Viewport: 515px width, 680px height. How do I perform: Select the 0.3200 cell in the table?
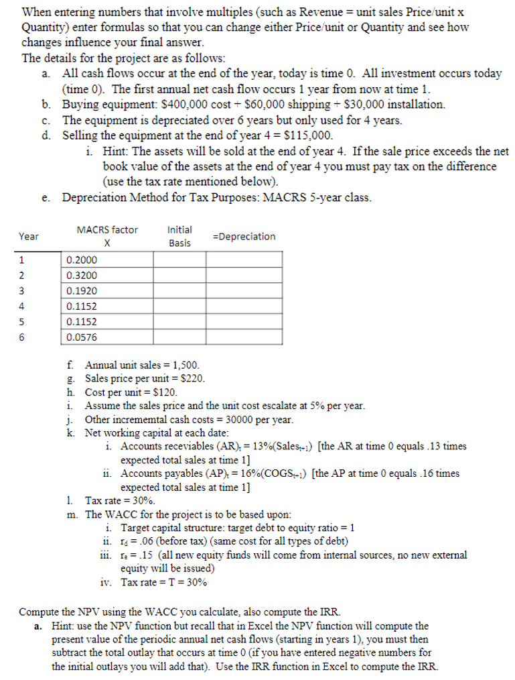click(82, 275)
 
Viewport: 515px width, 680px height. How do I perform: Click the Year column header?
click(29, 237)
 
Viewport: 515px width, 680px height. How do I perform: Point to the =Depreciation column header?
click(243, 237)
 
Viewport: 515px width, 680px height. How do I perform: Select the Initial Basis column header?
click(179, 236)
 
